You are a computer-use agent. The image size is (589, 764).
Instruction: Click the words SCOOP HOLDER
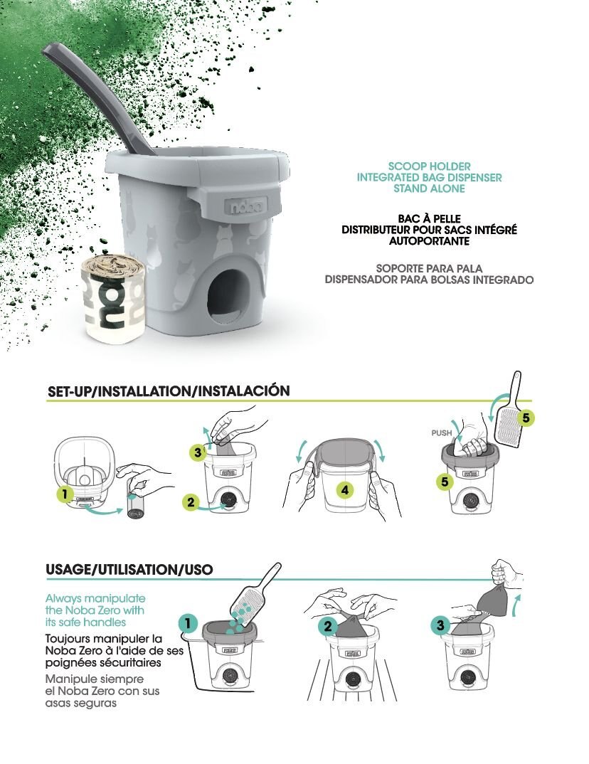click(x=429, y=166)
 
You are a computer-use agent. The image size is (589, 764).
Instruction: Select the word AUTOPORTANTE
click(x=429, y=241)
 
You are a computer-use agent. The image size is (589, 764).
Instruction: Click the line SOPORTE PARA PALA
click(x=429, y=268)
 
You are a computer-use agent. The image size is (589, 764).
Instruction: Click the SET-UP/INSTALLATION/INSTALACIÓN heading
click(x=169, y=391)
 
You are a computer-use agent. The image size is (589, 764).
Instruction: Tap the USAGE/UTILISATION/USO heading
click(x=129, y=569)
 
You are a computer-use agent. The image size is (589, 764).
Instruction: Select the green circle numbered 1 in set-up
click(x=65, y=494)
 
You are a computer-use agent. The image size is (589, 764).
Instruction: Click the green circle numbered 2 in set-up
click(x=191, y=502)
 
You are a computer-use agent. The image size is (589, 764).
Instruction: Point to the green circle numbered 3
click(x=197, y=452)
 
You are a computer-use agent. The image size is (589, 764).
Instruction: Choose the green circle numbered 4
click(x=345, y=489)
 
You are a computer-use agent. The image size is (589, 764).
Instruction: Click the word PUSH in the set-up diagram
click(x=441, y=433)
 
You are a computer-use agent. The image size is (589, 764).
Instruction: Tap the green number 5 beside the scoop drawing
click(x=526, y=418)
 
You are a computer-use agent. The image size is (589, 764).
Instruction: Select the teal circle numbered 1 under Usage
click(x=188, y=623)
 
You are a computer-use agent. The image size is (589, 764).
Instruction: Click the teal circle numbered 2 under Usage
click(x=328, y=627)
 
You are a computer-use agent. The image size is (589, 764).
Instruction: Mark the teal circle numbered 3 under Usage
click(x=440, y=625)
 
